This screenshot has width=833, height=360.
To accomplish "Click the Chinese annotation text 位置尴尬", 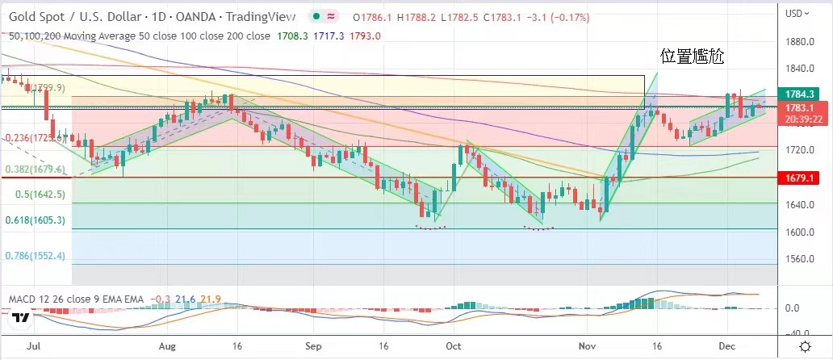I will pos(692,57).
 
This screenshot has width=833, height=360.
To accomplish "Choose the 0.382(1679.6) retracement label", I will pos(34,170).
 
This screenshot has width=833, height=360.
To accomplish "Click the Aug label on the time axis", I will pos(166,345).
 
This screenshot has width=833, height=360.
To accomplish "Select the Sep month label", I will pos(313,345).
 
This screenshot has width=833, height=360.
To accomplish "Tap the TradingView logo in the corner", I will pos(21,319).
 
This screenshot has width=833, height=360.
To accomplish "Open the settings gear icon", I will pos(805,345).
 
